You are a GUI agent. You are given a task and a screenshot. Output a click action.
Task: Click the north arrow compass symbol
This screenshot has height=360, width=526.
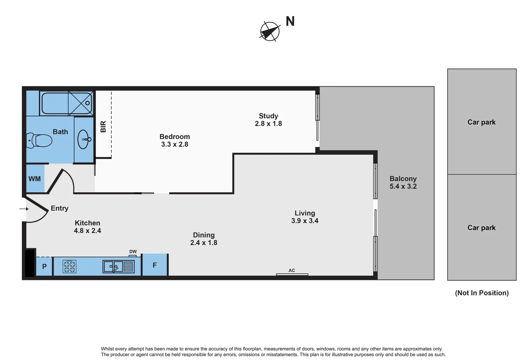[x=269, y=32]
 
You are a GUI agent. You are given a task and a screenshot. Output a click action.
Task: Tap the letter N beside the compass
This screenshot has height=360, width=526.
[x=290, y=22]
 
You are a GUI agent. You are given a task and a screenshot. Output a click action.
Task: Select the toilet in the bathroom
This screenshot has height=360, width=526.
[x=40, y=140]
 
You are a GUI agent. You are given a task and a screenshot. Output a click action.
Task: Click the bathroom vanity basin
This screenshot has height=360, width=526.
[x=84, y=139]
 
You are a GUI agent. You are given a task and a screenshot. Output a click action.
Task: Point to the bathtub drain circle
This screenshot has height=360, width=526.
[x=88, y=103]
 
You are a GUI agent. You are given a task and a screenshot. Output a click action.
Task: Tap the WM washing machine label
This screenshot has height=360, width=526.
[x=35, y=179]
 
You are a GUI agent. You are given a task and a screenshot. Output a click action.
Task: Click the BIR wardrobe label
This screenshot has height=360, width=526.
[x=103, y=127]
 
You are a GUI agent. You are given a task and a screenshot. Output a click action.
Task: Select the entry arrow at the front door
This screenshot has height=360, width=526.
[x=24, y=209]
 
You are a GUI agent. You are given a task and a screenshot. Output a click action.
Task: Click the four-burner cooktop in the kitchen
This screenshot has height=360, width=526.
[x=70, y=266]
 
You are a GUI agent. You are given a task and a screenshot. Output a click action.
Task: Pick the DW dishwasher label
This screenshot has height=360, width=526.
[x=133, y=252]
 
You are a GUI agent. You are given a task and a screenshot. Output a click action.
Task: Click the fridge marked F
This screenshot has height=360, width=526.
[x=155, y=265]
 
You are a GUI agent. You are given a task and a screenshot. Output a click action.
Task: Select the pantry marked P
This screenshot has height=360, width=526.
[x=44, y=266]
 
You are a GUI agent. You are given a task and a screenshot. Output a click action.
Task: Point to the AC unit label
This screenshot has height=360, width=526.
[x=292, y=270]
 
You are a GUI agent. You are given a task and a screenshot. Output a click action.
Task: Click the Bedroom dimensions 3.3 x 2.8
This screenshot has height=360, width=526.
[x=175, y=144]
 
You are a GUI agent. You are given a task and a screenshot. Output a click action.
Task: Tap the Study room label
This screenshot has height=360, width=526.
[x=268, y=116]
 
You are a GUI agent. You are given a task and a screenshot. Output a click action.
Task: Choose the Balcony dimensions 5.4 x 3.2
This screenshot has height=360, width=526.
[x=403, y=186]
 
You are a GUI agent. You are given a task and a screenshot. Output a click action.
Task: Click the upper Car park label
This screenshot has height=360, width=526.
[x=481, y=122]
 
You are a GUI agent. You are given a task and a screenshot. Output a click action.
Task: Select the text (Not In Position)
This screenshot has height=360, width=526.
[x=482, y=293]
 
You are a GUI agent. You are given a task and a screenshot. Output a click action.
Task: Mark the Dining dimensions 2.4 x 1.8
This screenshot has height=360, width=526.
[x=204, y=243]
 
